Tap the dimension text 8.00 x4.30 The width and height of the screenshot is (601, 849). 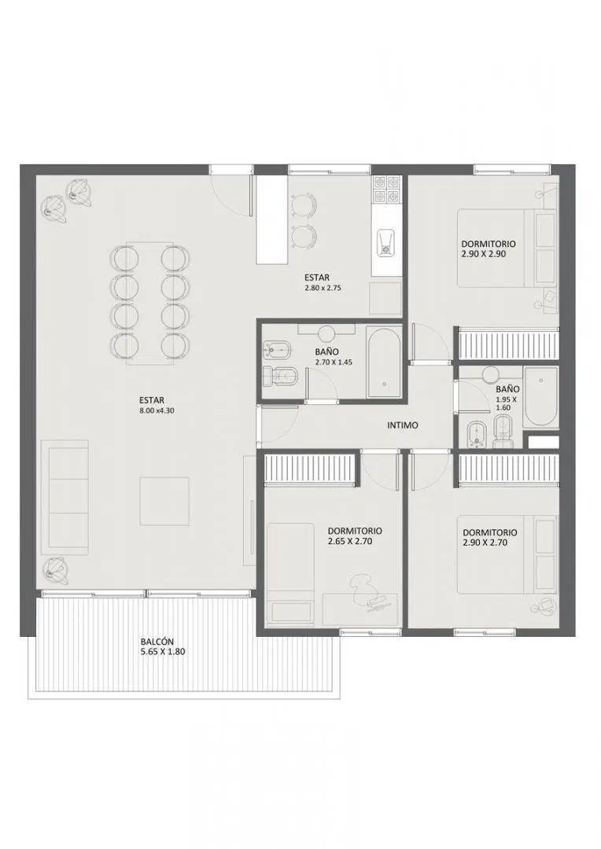tap(157, 410)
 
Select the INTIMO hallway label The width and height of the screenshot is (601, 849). tap(403, 425)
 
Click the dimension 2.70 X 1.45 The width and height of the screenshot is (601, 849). tap(334, 362)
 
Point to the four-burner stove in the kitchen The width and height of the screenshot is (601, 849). tap(386, 189)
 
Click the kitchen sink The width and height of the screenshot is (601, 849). tap(386, 243)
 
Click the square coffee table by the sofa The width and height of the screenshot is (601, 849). tap(164, 501)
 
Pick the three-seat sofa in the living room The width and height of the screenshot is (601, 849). tap(66, 497)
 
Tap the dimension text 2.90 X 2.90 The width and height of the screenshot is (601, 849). tap(484, 253)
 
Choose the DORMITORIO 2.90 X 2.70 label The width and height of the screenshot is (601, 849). tap(490, 537)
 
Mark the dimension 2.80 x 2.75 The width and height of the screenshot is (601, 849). tap(323, 288)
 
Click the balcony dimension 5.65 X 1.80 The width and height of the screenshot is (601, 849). tap(162, 652)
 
